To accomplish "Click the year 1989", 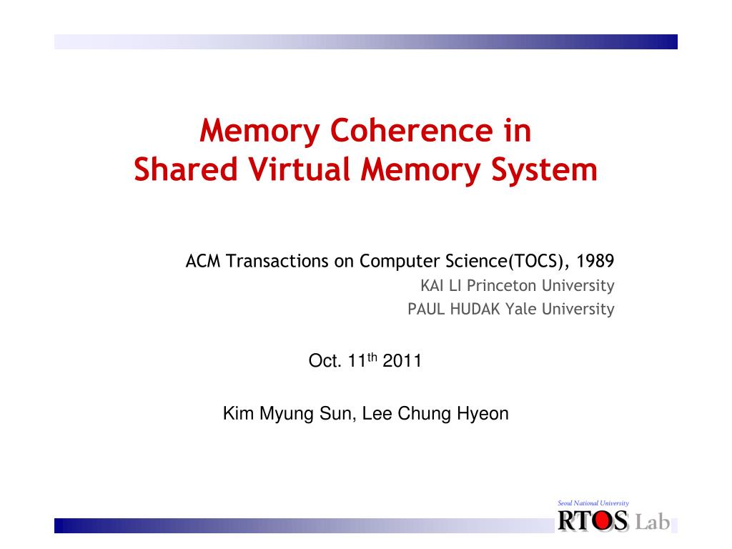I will (595, 262).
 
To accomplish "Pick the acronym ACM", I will (204, 262).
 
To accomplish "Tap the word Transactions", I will (279, 262).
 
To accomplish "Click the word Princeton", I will (500, 286).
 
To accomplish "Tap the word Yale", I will (521, 309).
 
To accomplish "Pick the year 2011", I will (402, 361).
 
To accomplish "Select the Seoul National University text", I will (593, 504).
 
